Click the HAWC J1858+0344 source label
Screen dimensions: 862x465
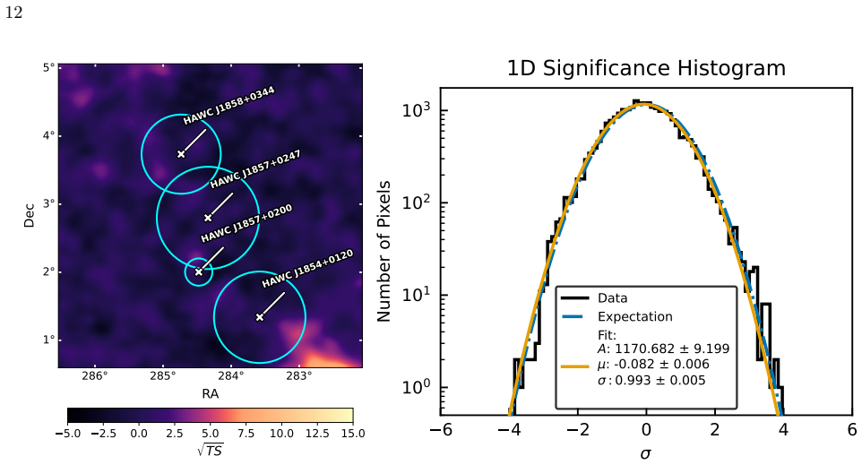[x=228, y=106]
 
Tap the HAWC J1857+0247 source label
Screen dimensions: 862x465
[x=255, y=168]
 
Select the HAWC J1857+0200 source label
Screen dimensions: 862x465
[x=246, y=223]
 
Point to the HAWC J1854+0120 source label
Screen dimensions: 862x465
[x=307, y=268]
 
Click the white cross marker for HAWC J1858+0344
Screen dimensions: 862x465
[x=181, y=154]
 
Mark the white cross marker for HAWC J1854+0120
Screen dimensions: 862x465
[x=260, y=317]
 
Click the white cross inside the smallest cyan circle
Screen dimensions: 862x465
[x=198, y=271]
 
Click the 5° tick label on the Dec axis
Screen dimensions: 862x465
[x=48, y=67]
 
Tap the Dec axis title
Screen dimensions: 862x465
[x=30, y=215]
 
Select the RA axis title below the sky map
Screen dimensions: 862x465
[x=210, y=393]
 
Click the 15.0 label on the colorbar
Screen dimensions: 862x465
[x=353, y=433]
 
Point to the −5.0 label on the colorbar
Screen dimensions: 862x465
[x=67, y=433]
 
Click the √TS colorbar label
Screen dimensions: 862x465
[x=210, y=450]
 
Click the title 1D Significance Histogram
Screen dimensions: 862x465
[x=646, y=69]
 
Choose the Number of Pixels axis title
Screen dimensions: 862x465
[x=384, y=251]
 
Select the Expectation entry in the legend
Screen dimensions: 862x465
[x=635, y=316]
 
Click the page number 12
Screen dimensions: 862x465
[x=13, y=13]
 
